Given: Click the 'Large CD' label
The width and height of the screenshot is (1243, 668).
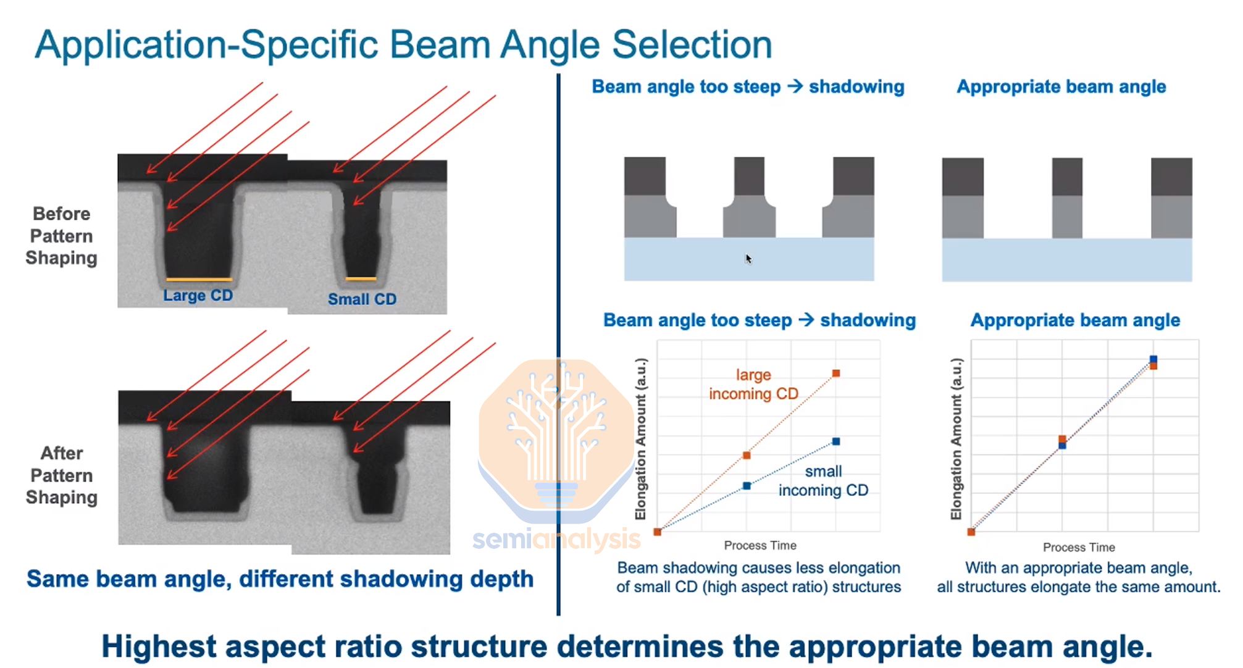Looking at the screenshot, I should pyautogui.click(x=198, y=296).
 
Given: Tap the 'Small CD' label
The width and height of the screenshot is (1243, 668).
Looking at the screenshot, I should pyautogui.click(x=362, y=299).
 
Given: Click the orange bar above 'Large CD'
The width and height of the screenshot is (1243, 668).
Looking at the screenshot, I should pyautogui.click(x=199, y=280).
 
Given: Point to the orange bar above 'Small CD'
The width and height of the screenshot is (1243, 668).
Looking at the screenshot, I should pyautogui.click(x=361, y=279).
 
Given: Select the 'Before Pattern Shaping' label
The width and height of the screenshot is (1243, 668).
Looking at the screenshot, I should pyautogui.click(x=61, y=236).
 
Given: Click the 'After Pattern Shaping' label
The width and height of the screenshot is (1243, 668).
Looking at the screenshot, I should pyautogui.click(x=62, y=475).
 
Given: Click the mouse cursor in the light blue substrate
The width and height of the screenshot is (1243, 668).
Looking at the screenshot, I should pyautogui.click(x=748, y=259).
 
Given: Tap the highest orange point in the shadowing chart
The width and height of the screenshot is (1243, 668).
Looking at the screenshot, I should pyautogui.click(x=836, y=374).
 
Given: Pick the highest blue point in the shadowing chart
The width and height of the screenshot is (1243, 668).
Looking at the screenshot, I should pyautogui.click(x=836, y=441).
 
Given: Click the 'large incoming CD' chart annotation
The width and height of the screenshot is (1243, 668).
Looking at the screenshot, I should pyautogui.click(x=753, y=384).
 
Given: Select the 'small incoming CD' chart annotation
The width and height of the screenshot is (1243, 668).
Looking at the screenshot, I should pyautogui.click(x=823, y=481).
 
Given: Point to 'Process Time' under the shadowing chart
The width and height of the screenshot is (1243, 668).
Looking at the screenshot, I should pyautogui.click(x=760, y=546).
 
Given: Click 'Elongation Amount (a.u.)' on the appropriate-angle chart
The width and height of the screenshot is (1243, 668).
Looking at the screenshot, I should pyautogui.click(x=956, y=438).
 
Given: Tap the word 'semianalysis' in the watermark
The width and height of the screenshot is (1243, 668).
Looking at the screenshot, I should pyautogui.click(x=556, y=540).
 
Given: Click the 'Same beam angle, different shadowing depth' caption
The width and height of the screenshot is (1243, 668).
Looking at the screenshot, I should pyautogui.click(x=280, y=579).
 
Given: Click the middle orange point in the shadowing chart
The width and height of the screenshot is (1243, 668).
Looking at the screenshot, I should pyautogui.click(x=747, y=456).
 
